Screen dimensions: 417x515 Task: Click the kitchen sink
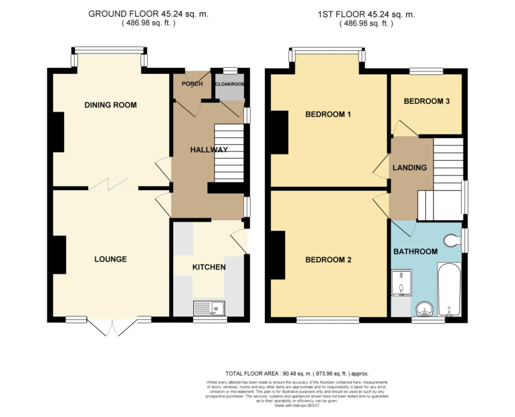coord(209,309)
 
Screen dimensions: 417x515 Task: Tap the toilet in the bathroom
coord(452,240)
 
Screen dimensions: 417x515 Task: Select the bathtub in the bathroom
coord(449,289)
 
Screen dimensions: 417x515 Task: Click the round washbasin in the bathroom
coord(425,309)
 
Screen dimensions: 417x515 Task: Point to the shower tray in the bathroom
coord(401,283)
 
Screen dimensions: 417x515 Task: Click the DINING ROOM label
coord(110,105)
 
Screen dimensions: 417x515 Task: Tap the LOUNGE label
coord(110,259)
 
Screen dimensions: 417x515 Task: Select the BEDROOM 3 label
coord(427,101)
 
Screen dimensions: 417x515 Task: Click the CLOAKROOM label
coord(230,84)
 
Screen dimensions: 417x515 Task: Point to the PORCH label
coord(192,84)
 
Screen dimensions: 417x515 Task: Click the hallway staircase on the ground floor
coord(229,153)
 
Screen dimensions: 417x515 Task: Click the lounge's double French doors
coord(112,328)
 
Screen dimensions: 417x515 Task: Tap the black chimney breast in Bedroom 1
coord(279,132)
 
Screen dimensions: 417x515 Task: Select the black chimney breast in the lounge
coord(60,255)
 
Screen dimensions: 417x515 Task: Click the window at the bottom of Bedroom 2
coord(328,320)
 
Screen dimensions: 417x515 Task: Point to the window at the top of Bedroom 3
coord(426,71)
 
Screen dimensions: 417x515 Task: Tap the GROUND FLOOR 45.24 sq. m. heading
coord(148,14)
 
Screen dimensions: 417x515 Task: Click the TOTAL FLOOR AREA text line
coord(297,374)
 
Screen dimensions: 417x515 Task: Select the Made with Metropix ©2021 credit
coord(297,406)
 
